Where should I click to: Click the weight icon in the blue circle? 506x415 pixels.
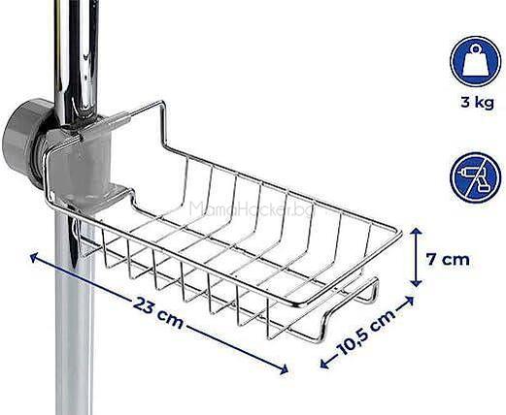(475, 61)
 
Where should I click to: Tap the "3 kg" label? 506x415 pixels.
(478, 103)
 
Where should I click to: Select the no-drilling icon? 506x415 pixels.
(475, 177)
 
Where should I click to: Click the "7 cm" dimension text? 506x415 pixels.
(448, 259)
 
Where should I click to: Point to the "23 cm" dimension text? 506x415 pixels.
(158, 313)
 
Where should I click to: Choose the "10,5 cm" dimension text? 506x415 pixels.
(366, 332)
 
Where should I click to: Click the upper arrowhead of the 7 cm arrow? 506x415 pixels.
(417, 232)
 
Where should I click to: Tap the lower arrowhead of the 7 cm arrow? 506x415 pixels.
(417, 283)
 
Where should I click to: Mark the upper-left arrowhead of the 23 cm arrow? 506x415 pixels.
(35, 258)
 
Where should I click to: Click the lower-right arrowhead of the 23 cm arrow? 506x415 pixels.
(283, 369)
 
